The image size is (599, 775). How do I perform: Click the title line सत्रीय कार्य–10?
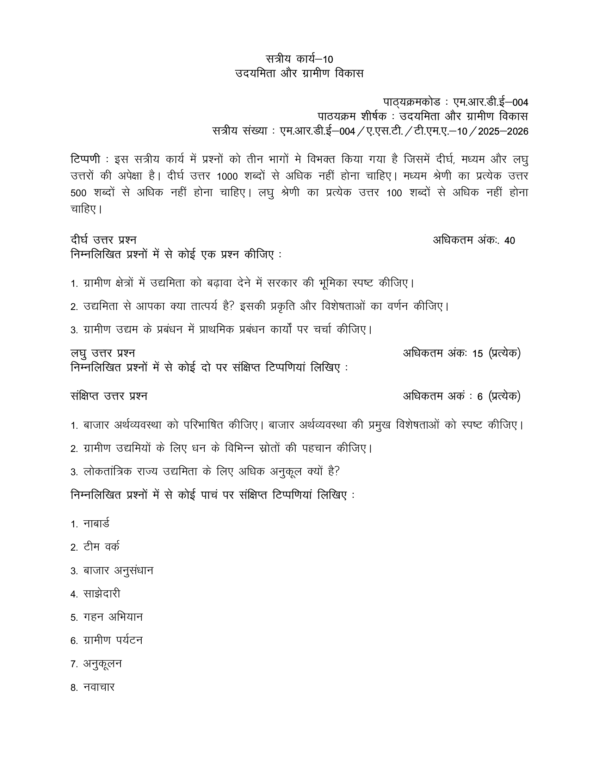click(299, 59)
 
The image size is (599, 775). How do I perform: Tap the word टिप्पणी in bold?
click(85, 159)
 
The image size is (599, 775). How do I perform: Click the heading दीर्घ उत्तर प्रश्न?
click(104, 240)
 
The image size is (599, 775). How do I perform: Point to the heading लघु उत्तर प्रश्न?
click(103, 353)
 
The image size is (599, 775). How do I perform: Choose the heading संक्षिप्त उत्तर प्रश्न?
click(109, 396)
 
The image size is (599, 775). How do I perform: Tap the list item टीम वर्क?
click(101, 547)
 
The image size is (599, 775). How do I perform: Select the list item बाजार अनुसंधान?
click(118, 570)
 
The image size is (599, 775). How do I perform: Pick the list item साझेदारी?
click(102, 594)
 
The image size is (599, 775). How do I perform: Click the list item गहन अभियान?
click(113, 617)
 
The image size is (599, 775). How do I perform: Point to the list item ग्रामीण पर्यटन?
click(113, 640)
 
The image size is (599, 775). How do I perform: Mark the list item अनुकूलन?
click(103, 664)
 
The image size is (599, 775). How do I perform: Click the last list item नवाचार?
click(99, 687)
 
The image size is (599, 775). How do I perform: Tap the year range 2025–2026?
click(503, 132)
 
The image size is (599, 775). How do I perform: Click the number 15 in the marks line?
click(478, 354)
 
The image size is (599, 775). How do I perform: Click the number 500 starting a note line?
click(79, 193)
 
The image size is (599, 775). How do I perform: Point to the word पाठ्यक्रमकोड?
click(412, 102)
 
